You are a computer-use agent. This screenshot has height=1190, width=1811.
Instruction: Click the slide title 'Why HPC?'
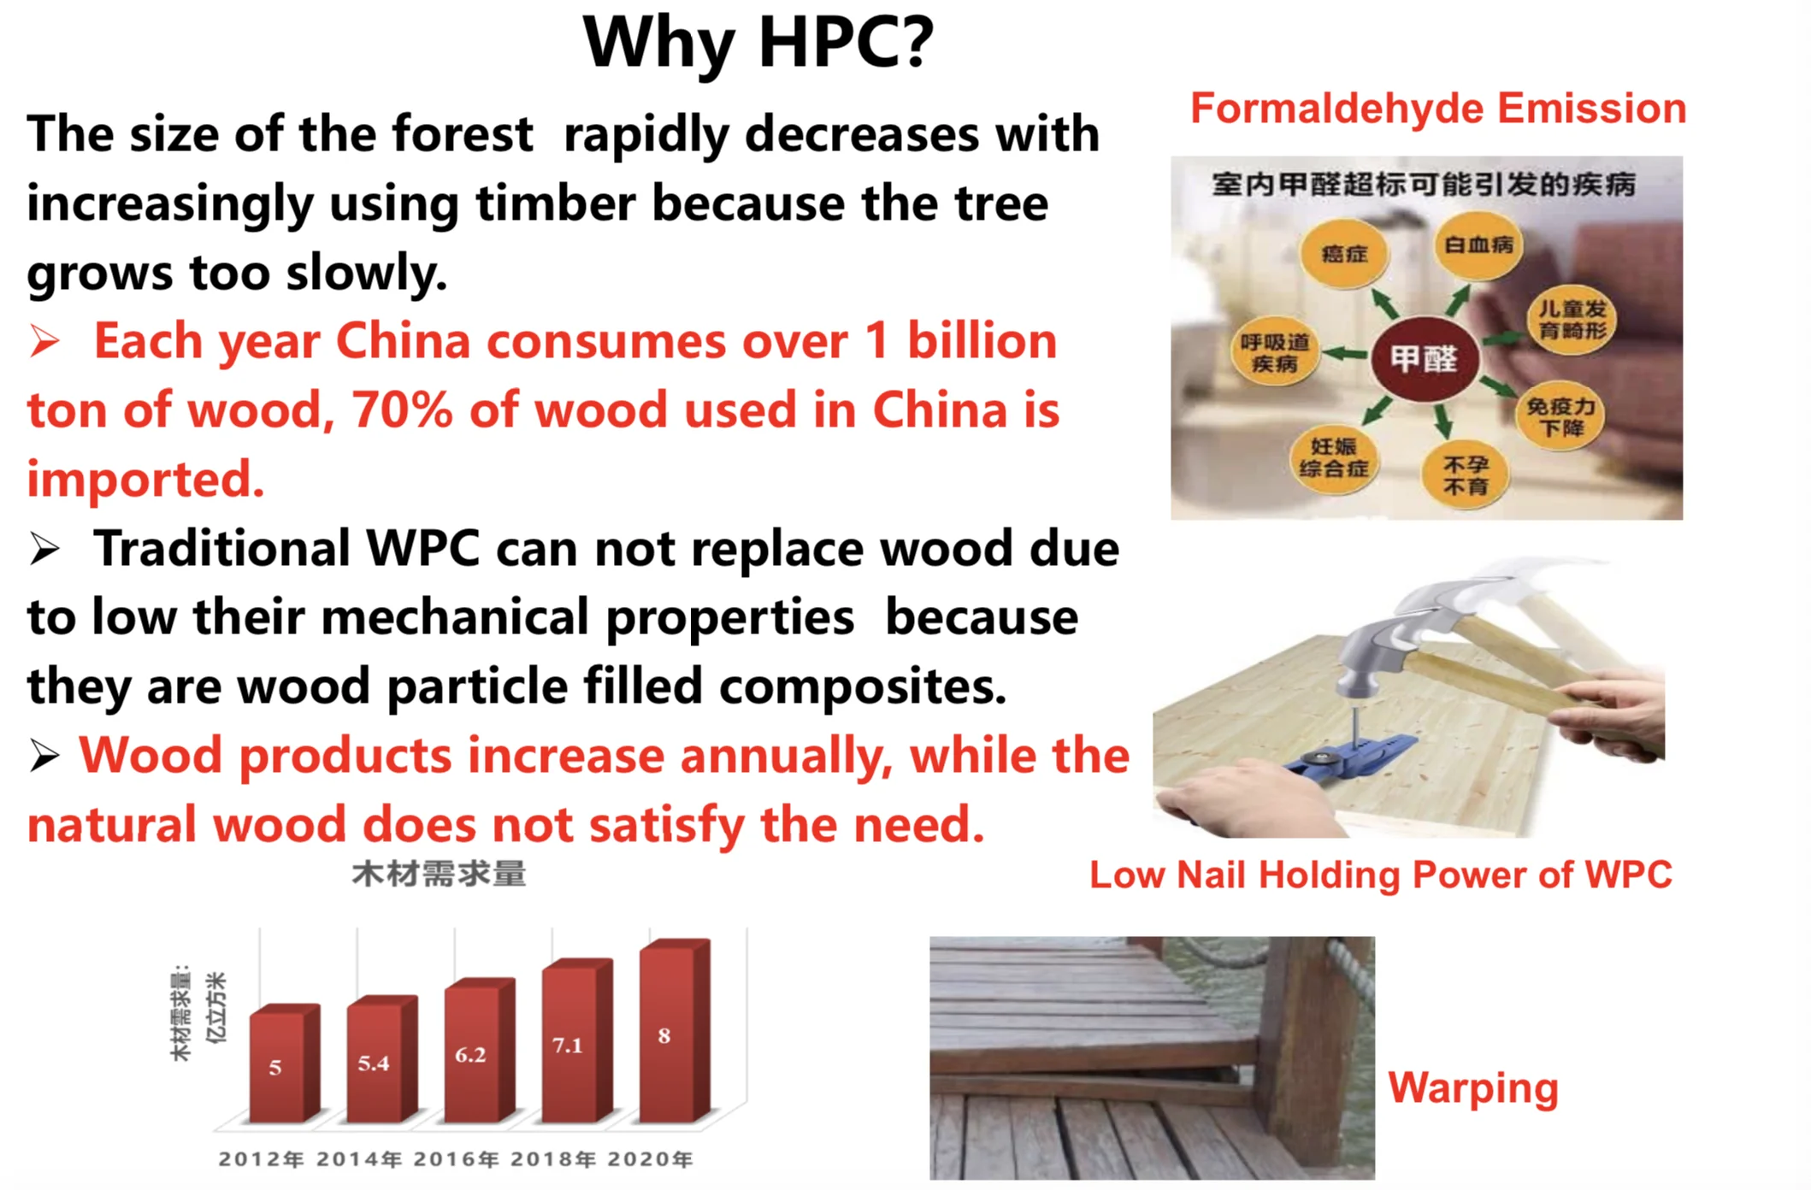(758, 43)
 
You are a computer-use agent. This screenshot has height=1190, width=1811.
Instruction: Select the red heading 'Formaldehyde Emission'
(1438, 109)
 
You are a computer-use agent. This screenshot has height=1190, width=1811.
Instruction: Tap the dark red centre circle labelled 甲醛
(1424, 358)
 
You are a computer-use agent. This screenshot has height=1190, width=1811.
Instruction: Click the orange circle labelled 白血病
(1478, 245)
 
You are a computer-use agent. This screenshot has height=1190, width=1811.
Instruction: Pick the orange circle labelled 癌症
(1344, 253)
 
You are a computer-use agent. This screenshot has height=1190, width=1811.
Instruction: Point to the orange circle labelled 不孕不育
(1466, 475)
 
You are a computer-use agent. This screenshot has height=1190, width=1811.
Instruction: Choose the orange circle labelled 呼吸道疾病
(1275, 353)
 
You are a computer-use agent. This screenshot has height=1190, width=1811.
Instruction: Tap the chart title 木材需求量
(439, 875)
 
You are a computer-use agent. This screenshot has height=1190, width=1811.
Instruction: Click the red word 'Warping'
(1473, 1089)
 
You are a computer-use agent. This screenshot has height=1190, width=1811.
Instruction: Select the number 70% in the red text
(401, 410)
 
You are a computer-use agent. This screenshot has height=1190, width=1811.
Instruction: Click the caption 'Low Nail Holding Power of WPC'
(1381, 875)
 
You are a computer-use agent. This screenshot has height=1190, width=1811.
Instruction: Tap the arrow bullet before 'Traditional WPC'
(44, 549)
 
